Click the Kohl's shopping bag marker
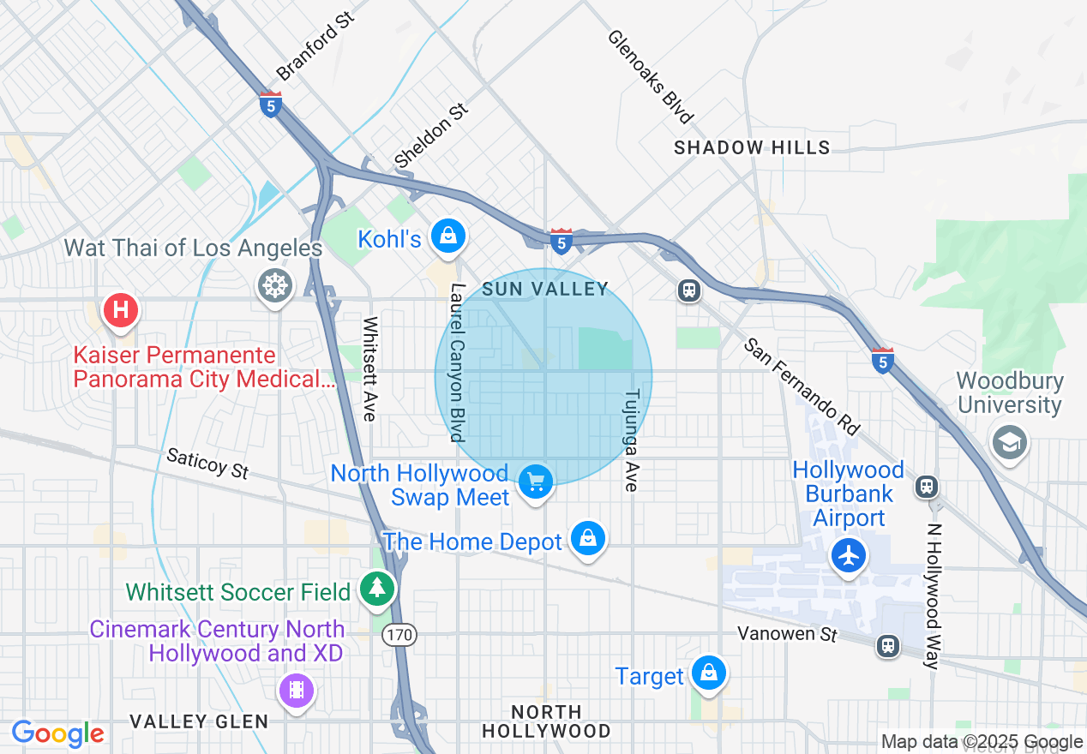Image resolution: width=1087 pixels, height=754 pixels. click(447, 234)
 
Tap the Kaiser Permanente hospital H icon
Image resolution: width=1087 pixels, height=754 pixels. click(121, 308)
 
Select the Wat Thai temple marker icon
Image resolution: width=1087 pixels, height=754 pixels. click(275, 284)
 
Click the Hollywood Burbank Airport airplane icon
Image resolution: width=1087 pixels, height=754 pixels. click(849, 555)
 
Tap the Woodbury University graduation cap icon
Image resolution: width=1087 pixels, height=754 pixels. click(1010, 442)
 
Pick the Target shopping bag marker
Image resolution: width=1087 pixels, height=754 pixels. click(708, 673)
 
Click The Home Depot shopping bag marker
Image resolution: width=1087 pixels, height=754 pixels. click(588, 538)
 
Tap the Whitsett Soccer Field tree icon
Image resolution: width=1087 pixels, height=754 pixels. click(376, 588)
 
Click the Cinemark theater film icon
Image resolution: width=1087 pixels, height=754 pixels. click(297, 689)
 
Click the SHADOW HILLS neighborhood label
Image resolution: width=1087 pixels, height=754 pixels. click(752, 147)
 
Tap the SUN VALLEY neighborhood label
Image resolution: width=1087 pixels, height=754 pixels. click(544, 289)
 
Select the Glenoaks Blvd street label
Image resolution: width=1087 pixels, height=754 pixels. click(650, 76)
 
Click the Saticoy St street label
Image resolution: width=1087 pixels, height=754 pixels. click(207, 464)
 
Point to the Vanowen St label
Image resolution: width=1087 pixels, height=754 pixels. click(787, 634)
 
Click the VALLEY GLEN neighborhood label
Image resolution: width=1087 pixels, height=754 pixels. click(199, 721)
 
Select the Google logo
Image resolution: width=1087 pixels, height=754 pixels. click(57, 733)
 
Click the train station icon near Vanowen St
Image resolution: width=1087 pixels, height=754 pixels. click(888, 644)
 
